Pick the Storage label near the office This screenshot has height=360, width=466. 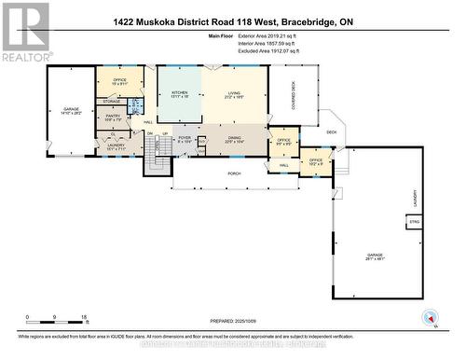(x=112, y=102)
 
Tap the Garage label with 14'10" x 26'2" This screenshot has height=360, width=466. (x=71, y=111)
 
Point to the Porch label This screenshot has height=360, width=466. (x=236, y=173)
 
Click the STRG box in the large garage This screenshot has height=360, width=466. (x=412, y=221)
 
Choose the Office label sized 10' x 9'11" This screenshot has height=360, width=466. (x=120, y=81)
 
